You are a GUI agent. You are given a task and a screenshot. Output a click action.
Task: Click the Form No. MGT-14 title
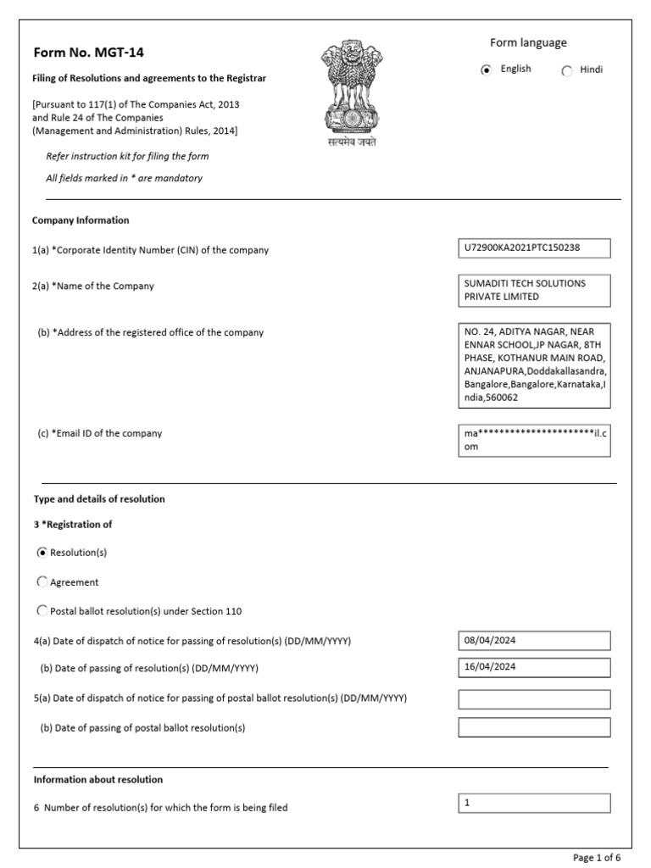click(88, 53)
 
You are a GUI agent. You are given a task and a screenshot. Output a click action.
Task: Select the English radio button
click(486, 71)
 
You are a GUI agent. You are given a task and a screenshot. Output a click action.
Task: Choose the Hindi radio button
click(567, 71)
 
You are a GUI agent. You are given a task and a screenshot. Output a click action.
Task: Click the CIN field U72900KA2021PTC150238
click(533, 248)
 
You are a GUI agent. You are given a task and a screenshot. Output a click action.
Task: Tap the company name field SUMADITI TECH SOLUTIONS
click(533, 291)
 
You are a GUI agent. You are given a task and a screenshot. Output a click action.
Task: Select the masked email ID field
click(533, 440)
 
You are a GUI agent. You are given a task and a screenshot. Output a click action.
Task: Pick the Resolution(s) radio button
click(42, 553)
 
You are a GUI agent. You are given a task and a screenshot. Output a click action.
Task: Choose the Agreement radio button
click(42, 582)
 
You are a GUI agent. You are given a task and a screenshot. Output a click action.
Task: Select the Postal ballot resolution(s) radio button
click(42, 610)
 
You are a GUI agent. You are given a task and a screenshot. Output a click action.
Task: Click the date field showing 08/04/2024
click(533, 640)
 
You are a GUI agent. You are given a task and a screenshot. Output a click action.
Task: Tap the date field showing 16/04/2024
click(533, 668)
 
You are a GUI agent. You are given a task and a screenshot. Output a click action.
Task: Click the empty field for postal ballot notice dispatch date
click(533, 699)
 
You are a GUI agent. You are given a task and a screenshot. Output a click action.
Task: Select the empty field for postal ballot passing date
click(533, 727)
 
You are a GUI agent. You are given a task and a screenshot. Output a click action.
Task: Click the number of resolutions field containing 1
click(533, 803)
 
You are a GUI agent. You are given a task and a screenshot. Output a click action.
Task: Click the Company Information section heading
click(81, 220)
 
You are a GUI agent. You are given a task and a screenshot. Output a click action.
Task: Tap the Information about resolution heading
click(98, 779)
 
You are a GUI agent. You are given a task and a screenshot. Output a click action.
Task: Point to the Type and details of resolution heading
click(99, 499)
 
